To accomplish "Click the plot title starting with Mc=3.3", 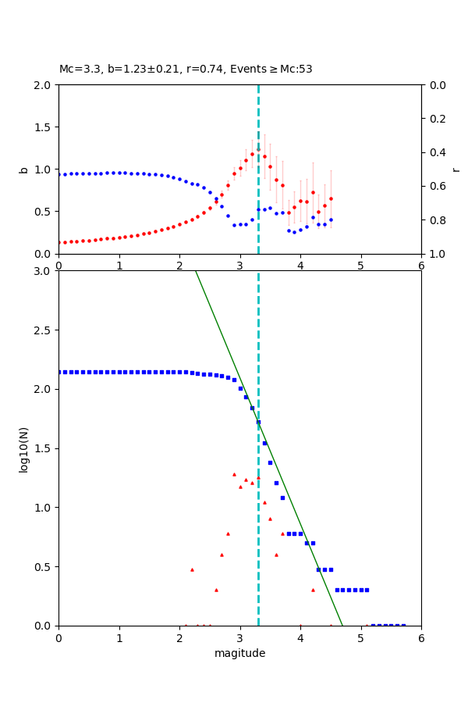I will tap(186, 70).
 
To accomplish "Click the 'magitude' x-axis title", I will tap(239, 653).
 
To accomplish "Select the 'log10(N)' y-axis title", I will tap(23, 448).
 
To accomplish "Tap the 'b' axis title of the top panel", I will tap(23, 170).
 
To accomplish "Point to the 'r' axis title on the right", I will tap(456, 170).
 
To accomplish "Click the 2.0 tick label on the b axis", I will tap(43, 85).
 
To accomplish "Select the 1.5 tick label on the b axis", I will tap(43, 127).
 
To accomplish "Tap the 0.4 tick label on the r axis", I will tap(438, 152).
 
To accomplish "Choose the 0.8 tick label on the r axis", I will tap(438, 220).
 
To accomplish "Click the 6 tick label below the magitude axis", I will tap(421, 637).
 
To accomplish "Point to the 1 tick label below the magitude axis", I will tap(119, 637).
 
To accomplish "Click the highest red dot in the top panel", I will tap(258, 149).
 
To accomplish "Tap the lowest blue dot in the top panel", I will tap(294, 232).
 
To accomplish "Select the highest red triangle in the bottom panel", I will tap(234, 474).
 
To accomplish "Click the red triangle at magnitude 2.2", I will tap(192, 569).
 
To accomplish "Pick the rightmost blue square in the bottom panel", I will tap(403, 625).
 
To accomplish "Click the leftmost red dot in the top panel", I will tap(59, 242).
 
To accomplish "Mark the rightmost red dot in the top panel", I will tap(331, 198).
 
